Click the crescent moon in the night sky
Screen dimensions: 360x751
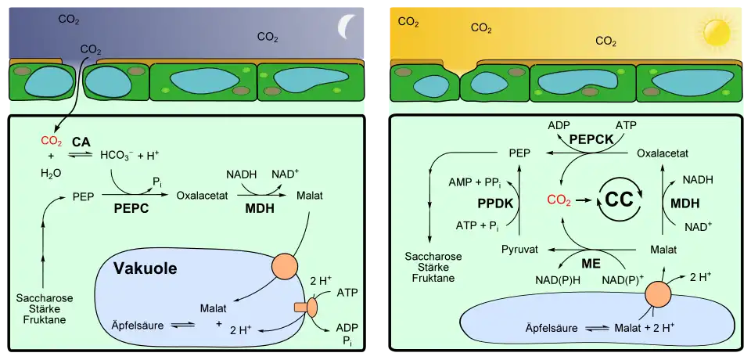[345, 27]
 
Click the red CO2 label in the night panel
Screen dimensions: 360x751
[52, 142]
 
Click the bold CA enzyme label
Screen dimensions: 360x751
[81, 142]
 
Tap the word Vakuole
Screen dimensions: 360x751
[146, 268]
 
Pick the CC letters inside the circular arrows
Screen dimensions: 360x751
[619, 201]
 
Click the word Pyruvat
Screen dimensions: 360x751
[519, 250]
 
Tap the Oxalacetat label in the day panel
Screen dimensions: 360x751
[663, 153]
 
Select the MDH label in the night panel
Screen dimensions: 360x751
[260, 210]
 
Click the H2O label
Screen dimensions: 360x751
[52, 173]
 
